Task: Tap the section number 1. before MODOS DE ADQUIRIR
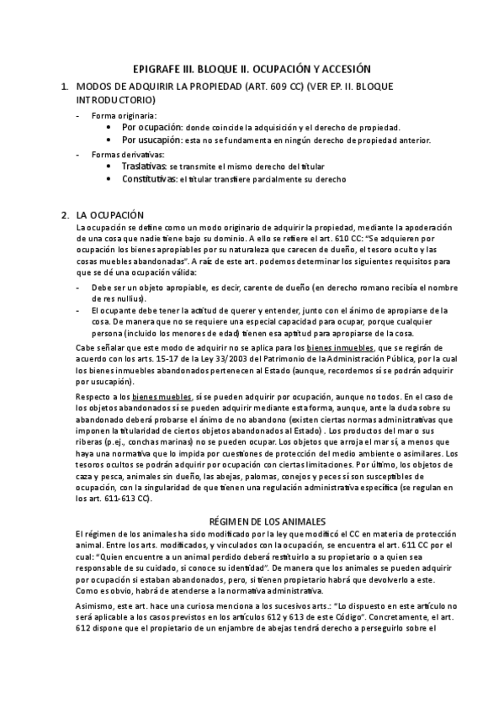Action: [x=66, y=87]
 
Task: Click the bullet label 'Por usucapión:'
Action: [x=153, y=140]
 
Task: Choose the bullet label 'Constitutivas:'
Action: [x=152, y=180]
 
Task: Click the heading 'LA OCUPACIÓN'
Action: [x=110, y=215]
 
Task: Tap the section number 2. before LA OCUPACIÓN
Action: [x=66, y=215]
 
